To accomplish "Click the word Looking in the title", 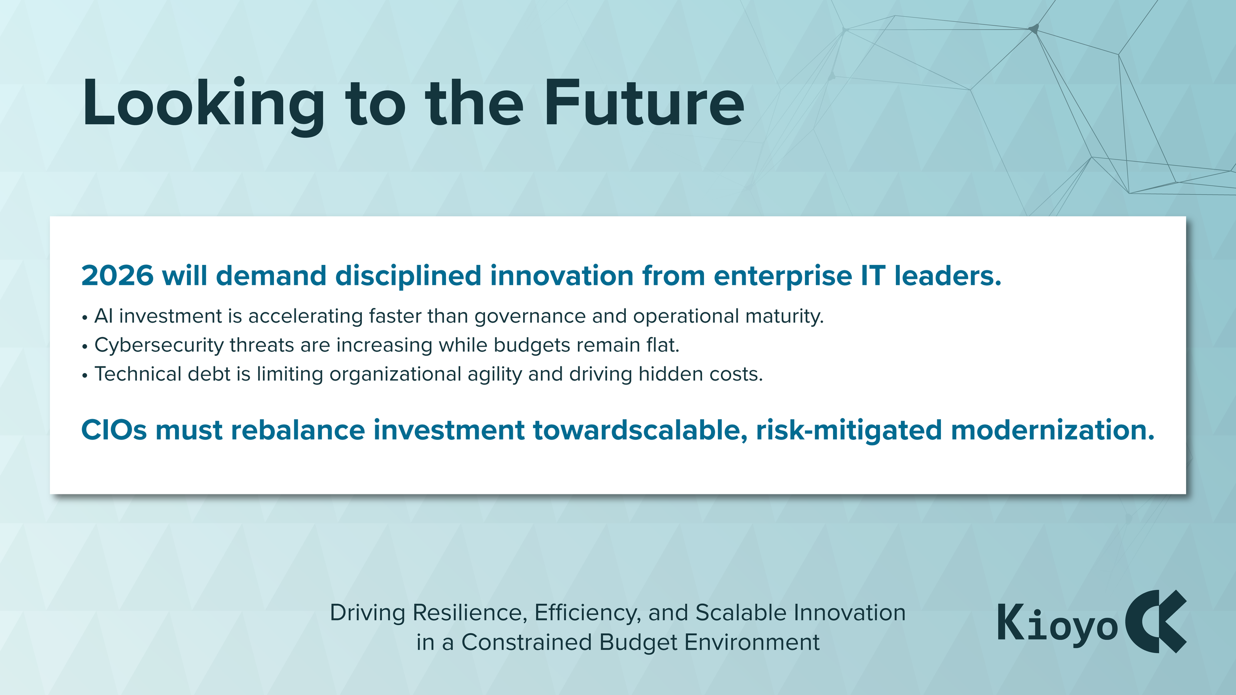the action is pyautogui.click(x=203, y=105).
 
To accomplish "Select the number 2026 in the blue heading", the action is pyautogui.click(x=117, y=275).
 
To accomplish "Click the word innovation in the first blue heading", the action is pyautogui.click(x=562, y=275).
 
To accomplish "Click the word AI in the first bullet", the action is pyautogui.click(x=103, y=316).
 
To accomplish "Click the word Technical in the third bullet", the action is pyautogui.click(x=138, y=374).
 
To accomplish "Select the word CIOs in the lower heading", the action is pyautogui.click(x=114, y=430).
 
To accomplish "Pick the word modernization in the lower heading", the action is pyautogui.click(x=1053, y=430).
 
